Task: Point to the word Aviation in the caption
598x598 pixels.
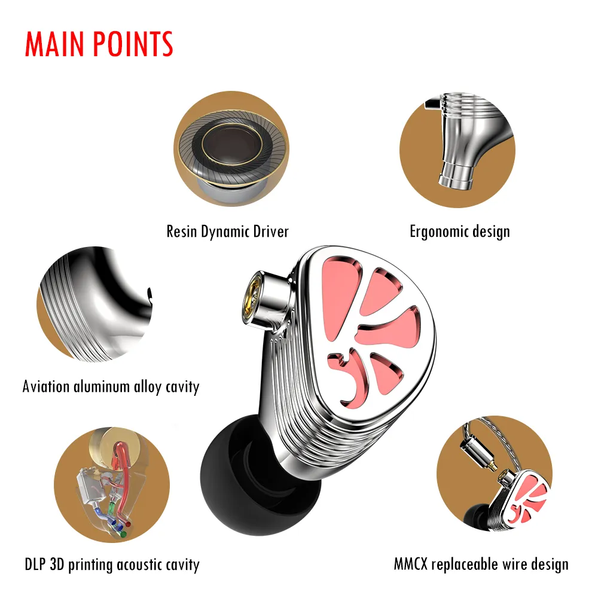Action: point(46,386)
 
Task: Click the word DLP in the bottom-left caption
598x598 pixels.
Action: point(35,565)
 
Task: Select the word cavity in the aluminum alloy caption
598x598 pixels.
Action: point(182,387)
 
